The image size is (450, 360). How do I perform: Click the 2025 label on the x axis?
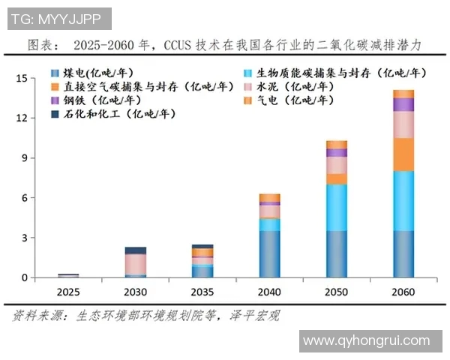coord(67,290)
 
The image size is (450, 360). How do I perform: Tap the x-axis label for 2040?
coord(269,290)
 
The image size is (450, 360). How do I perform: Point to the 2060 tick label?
coord(403,290)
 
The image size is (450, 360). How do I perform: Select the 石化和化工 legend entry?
coord(112,114)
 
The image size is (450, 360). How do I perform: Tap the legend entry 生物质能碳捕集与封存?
coord(337,73)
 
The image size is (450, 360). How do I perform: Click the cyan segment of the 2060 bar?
coord(403,200)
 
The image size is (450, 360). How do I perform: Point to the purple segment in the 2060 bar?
coord(403,104)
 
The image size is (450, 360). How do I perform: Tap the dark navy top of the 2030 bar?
coord(135,250)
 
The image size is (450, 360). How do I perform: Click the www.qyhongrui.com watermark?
coord(370,341)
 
